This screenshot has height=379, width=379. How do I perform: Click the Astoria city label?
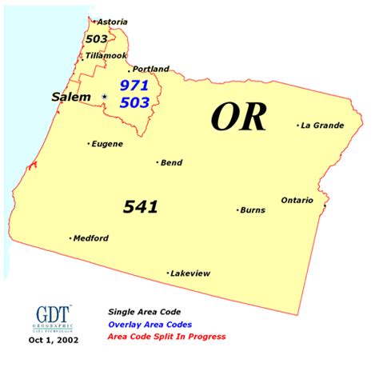tap(113, 22)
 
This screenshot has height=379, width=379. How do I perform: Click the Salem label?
tap(70, 97)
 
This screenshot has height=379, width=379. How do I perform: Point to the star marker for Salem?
tap(104, 97)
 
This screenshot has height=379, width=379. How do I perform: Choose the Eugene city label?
tap(107, 144)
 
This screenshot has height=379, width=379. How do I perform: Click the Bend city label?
tap(171, 162)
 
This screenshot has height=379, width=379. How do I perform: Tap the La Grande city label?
tap(322, 125)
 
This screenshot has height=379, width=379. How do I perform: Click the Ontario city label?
tap(297, 200)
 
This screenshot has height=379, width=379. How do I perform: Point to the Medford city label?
tap(91, 237)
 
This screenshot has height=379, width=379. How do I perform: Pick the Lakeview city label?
tap(191, 273)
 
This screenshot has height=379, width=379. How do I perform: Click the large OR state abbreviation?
tap(237, 118)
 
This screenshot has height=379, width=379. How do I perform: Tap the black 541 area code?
tap(140, 207)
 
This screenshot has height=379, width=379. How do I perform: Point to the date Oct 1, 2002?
tap(52, 341)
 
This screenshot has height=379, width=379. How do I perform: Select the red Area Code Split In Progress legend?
tap(166, 337)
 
